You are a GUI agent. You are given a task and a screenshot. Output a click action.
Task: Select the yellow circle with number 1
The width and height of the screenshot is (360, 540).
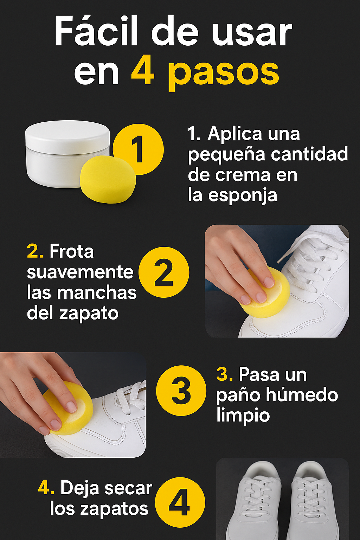[x=138, y=149]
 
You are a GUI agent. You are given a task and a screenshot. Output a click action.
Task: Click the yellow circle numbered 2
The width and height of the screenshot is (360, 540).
[x=164, y=272]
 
